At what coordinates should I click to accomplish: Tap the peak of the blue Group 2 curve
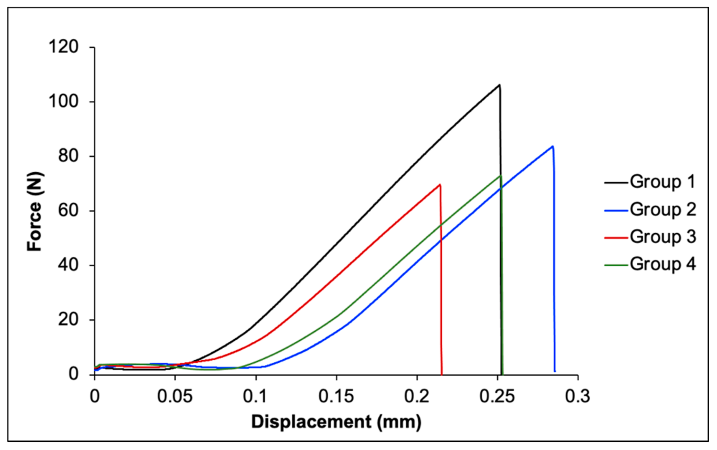[552, 146]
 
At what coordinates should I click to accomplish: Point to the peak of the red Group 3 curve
[439, 185]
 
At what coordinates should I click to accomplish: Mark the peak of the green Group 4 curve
[501, 176]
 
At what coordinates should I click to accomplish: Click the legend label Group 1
[663, 181]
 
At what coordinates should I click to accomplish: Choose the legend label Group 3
[663, 237]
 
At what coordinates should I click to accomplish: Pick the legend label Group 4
[663, 264]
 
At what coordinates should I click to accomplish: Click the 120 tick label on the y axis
[63, 47]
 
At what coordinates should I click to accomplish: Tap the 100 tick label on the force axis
[63, 101]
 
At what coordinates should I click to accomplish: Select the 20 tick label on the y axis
[68, 320]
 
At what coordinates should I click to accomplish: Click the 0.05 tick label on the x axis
[175, 397]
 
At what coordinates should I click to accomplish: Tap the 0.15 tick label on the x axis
[336, 397]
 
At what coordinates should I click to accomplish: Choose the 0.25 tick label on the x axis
[497, 397]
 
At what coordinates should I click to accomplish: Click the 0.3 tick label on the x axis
[578, 397]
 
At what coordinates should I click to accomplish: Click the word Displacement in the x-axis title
[311, 422]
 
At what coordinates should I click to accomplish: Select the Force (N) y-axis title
[35, 211]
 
